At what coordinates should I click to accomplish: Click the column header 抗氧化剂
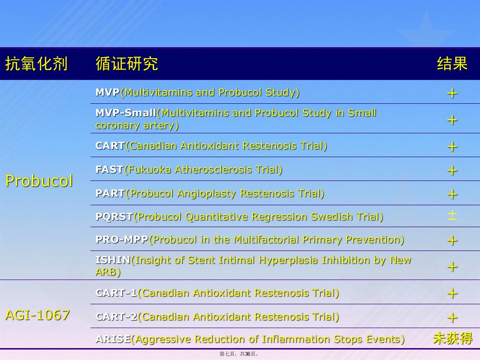point(36,64)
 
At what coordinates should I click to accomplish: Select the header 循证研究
point(127,64)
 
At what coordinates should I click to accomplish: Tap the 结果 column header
point(452,64)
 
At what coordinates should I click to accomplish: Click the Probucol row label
point(39,181)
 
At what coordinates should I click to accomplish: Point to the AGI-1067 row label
point(38,315)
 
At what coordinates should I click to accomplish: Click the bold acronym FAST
point(109,170)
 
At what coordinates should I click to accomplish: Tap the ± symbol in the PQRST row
point(452,215)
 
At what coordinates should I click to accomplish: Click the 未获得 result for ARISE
point(453,339)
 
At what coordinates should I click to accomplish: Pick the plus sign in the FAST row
point(452,170)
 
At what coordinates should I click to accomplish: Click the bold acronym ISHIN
point(113,260)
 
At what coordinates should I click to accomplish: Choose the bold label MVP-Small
point(126,113)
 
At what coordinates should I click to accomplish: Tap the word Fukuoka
point(149,170)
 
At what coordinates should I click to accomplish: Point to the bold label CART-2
point(117,317)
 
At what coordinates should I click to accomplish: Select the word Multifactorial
point(266,240)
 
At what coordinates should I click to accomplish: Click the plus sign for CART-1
point(452,293)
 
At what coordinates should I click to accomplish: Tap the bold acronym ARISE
point(113,339)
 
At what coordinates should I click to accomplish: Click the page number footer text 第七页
point(227,354)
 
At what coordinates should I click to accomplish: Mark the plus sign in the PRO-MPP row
point(452,240)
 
